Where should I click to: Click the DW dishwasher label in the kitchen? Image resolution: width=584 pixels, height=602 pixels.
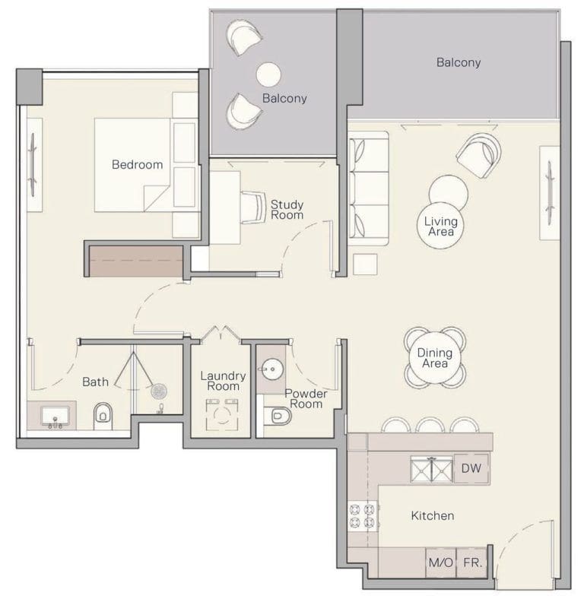click(x=471, y=470)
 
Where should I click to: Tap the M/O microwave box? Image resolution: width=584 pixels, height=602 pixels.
click(x=440, y=564)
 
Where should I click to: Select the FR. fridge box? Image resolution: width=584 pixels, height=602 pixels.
click(x=471, y=564)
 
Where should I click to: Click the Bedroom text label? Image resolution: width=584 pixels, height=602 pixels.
click(x=137, y=164)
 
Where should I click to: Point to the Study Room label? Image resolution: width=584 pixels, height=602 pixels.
click(x=287, y=209)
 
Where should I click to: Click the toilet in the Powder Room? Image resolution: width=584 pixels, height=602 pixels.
click(x=280, y=416)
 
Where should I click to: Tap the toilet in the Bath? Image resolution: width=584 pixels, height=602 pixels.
click(x=103, y=414)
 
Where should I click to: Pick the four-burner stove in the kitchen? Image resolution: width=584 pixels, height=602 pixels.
click(x=362, y=516)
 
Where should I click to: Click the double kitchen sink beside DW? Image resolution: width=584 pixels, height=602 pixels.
click(x=431, y=470)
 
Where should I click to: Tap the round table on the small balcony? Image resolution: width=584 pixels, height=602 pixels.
click(x=269, y=74)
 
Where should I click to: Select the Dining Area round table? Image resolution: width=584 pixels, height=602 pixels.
click(x=434, y=358)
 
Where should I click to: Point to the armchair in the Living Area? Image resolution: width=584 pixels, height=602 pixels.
click(x=479, y=154)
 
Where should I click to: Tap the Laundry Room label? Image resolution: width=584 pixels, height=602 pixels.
click(x=223, y=381)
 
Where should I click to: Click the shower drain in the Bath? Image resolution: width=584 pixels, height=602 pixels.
click(x=159, y=392)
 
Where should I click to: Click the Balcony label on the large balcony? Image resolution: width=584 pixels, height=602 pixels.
click(x=458, y=62)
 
